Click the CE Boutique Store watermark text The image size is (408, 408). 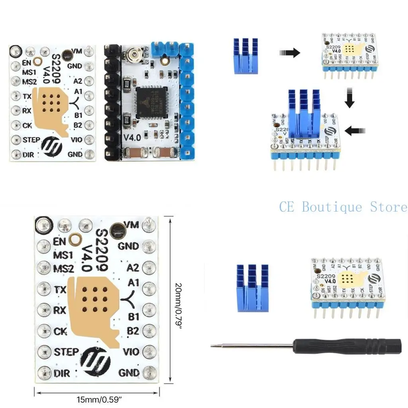[343, 207]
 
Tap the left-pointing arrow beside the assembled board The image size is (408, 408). [356, 130]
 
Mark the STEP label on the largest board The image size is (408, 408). [67, 352]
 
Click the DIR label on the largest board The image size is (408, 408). [62, 373]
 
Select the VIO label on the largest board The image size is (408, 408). [131, 352]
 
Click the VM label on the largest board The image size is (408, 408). [132, 225]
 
